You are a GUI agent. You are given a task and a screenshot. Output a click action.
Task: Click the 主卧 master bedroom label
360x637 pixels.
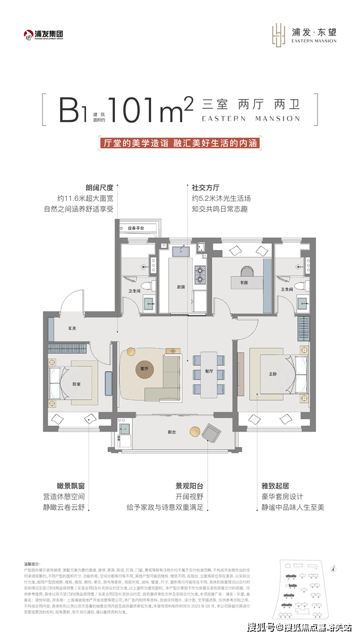click(x=272, y=374)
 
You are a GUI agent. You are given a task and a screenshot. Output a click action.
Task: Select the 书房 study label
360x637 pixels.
click(x=242, y=282)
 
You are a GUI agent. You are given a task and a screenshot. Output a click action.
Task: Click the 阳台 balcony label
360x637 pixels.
click(x=171, y=432)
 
